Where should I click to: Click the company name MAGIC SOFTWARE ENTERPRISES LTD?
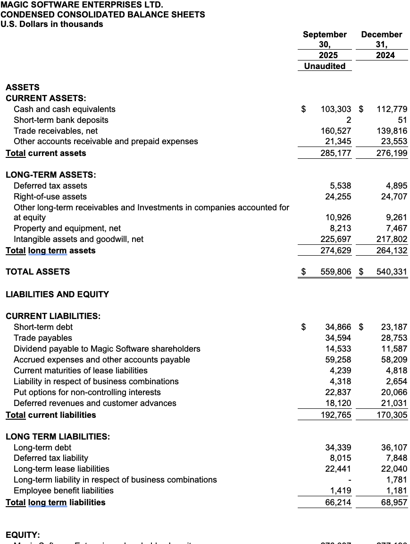point(82,5)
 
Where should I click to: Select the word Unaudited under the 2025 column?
point(325,66)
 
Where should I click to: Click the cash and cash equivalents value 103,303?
point(336,109)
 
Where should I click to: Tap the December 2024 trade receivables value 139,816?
point(392,131)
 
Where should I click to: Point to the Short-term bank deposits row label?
point(61,120)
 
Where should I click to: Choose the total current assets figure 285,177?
point(336,153)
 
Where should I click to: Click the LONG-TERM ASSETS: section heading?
point(50,175)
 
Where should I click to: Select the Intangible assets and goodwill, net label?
point(78,239)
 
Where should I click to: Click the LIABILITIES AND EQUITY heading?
point(57,294)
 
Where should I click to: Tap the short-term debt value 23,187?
point(394,327)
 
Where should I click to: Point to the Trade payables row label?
point(43,338)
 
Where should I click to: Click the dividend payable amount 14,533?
point(338,349)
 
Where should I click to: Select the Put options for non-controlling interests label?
point(87,392)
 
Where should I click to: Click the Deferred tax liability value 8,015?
point(340,458)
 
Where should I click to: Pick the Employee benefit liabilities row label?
point(64,491)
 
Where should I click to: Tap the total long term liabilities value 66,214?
point(338,502)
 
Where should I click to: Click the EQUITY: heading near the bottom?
point(23,535)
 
